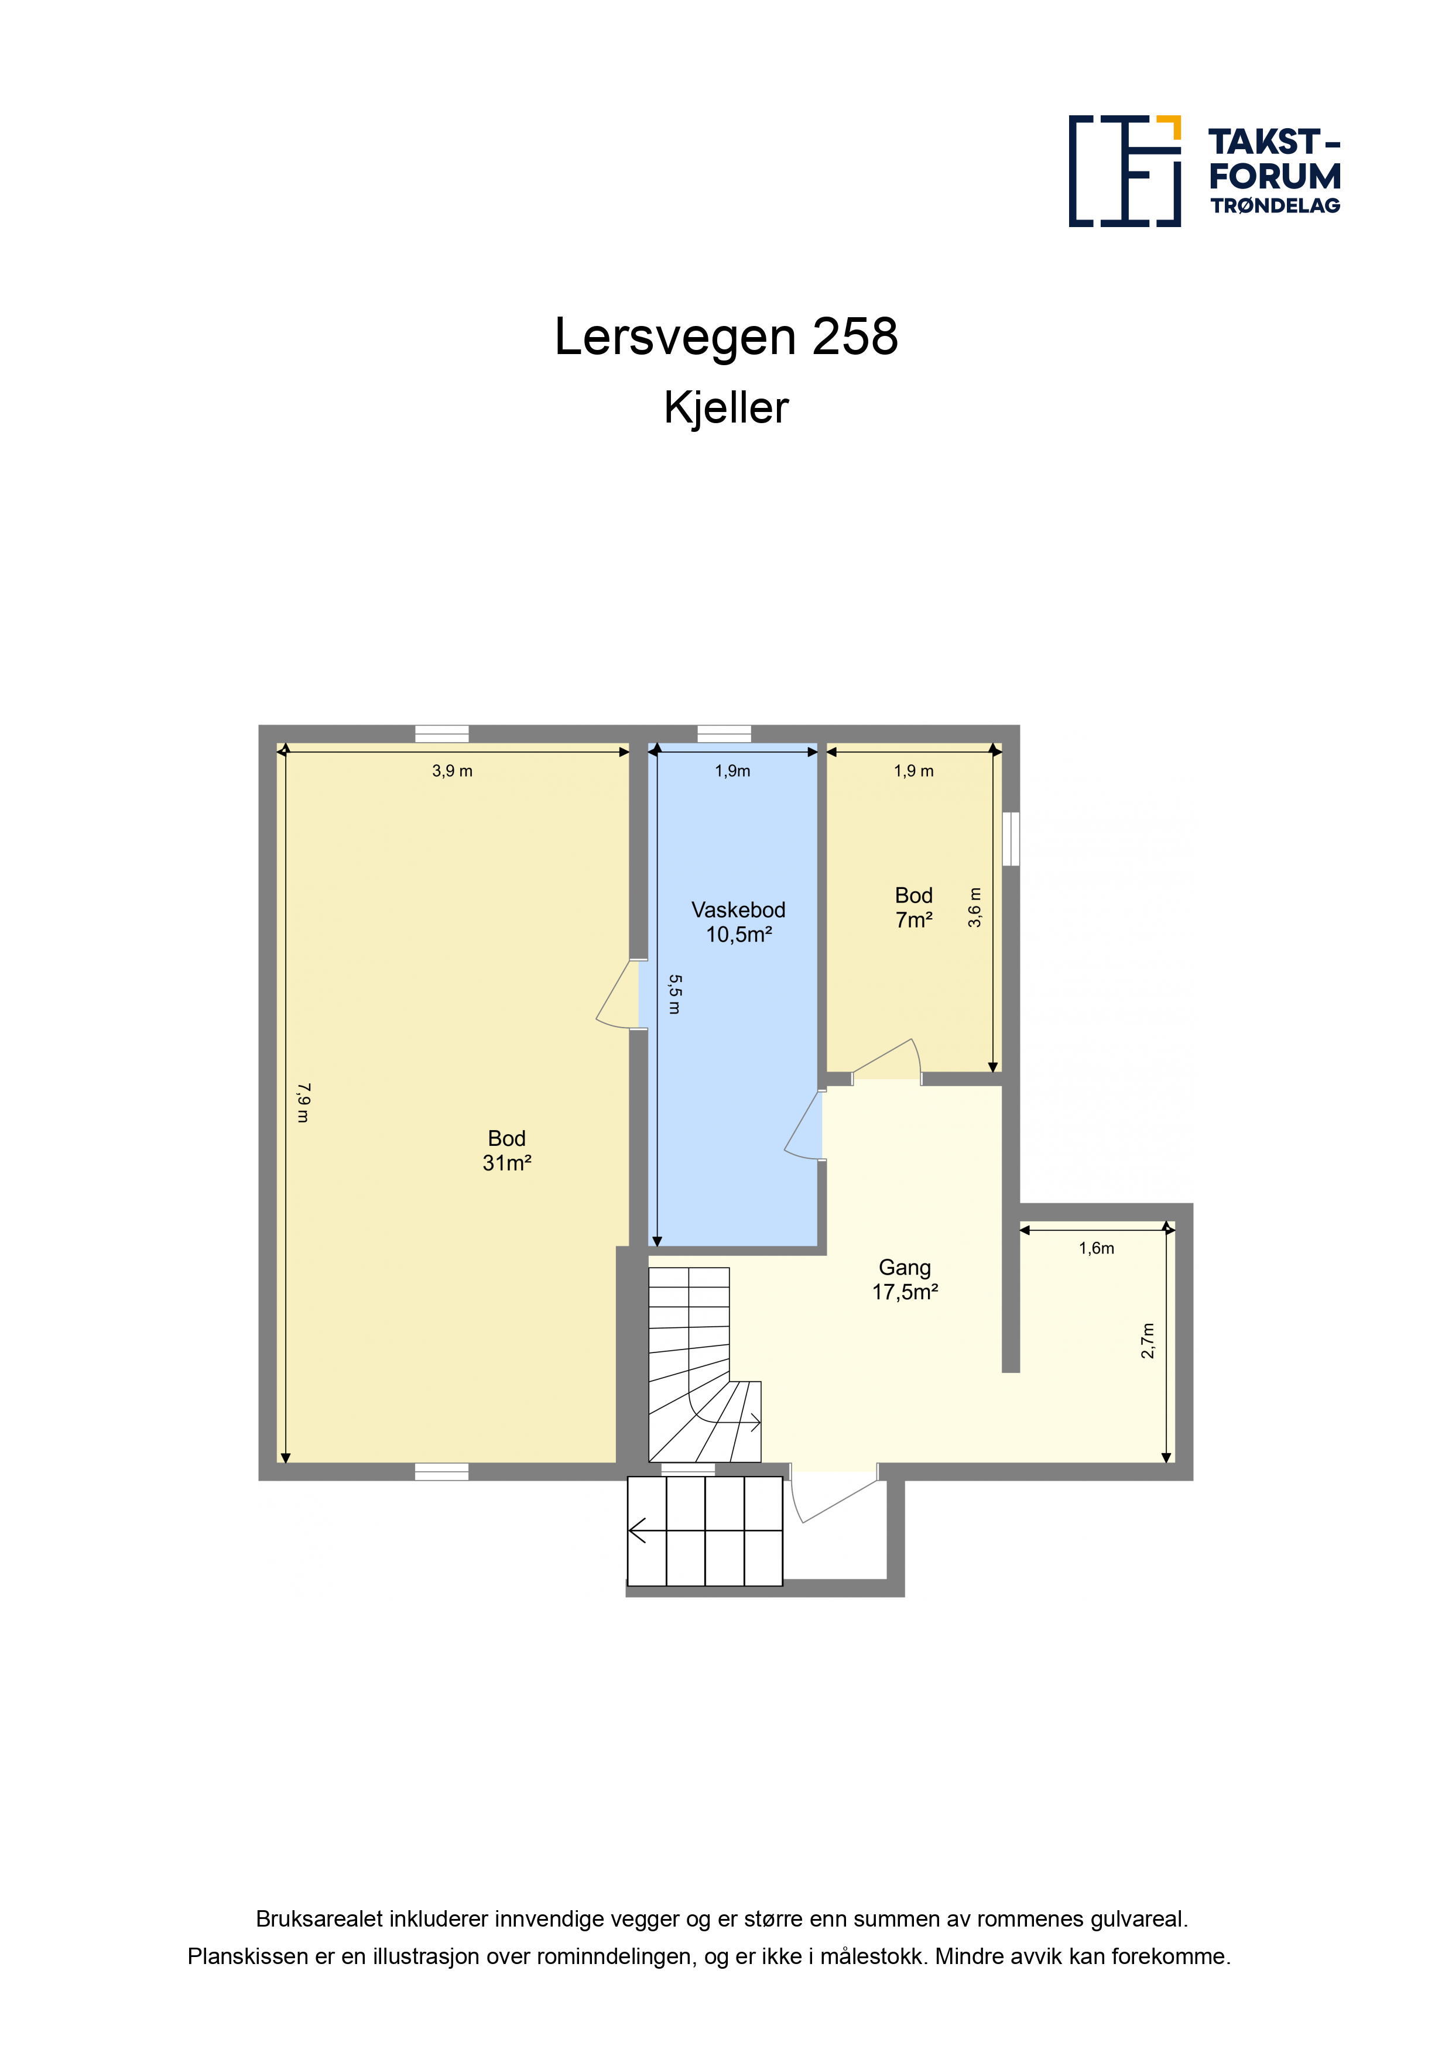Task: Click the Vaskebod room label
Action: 738,909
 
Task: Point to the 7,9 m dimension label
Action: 303,1103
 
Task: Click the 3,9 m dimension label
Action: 452,771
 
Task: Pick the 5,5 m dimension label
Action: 674,994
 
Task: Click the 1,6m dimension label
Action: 1096,1248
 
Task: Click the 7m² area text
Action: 915,920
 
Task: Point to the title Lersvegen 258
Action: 727,337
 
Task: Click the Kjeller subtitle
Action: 727,408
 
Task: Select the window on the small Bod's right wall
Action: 1011,839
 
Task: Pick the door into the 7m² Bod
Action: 886,1060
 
